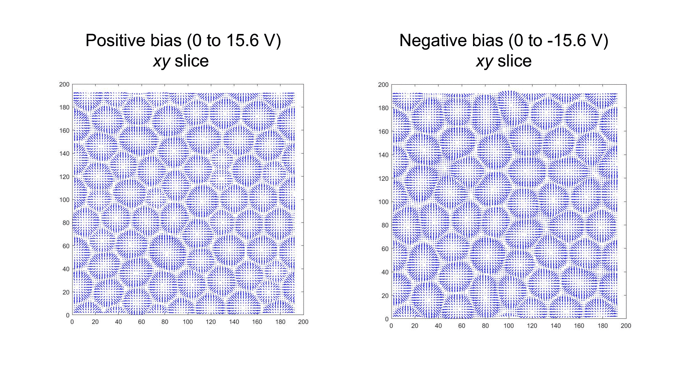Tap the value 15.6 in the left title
pyautogui.click(x=242, y=40)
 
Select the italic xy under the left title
pyautogui.click(x=161, y=61)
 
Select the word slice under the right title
pyautogui.click(x=515, y=61)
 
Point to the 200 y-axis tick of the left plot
pyautogui.click(x=64, y=85)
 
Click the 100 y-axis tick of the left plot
pyautogui.click(x=64, y=200)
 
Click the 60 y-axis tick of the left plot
pyautogui.click(x=66, y=246)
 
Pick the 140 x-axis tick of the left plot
pyautogui.click(x=234, y=322)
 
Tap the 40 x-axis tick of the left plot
pyautogui.click(x=118, y=322)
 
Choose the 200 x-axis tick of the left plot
pyautogui.click(x=303, y=322)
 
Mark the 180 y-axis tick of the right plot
pyautogui.click(x=383, y=108)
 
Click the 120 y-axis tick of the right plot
pyautogui.click(x=383, y=178)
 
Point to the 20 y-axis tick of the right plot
pyautogui.click(x=385, y=296)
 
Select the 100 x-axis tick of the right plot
pyautogui.click(x=508, y=326)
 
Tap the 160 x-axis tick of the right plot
pyautogui.click(x=579, y=326)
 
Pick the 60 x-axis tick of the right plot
pyautogui.click(x=462, y=326)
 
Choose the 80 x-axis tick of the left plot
pyautogui.click(x=165, y=322)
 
